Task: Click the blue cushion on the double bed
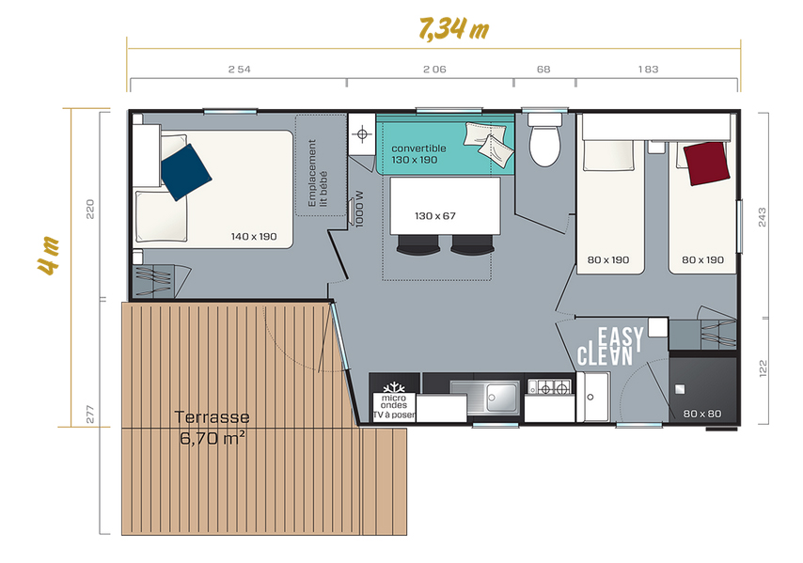coord(185,172)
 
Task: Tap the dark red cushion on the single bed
coord(707,164)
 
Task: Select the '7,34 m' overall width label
coord(454,28)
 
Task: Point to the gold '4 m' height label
coord(49,256)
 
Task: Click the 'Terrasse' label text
coord(212,417)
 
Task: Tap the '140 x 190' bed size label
coord(254,237)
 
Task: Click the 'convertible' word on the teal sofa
coord(418,149)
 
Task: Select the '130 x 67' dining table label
coord(434,216)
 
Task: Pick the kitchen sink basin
coord(502,397)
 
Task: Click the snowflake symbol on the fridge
coord(394,387)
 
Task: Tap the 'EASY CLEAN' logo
coord(610,347)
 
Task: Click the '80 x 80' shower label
coord(702,414)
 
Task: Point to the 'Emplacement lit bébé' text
coord(318,173)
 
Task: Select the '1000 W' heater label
coord(359,209)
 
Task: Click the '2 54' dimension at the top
coord(239,70)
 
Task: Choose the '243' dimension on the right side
coord(763,217)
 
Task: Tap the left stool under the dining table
coord(417,244)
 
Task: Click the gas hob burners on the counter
coord(549,387)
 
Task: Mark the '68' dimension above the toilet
coord(543,70)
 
